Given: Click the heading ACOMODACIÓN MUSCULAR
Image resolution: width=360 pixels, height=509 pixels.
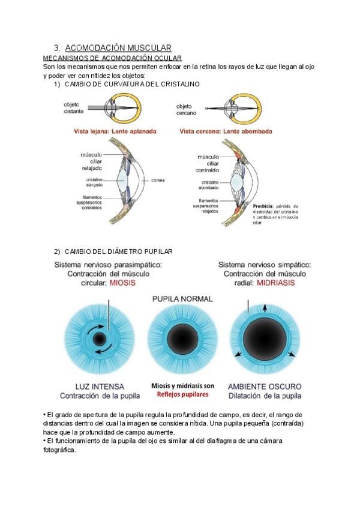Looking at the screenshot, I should (x=118, y=47).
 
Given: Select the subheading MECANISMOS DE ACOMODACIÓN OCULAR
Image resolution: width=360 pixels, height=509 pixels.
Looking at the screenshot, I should (x=112, y=58).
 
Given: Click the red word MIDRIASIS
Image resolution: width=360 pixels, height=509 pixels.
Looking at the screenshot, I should (x=275, y=283).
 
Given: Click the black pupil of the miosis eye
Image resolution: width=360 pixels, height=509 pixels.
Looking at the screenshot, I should (x=99, y=341).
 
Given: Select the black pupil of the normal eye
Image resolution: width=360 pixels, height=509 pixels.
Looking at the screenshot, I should (x=179, y=341).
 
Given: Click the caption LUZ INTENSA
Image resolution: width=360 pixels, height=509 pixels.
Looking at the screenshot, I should (x=100, y=386).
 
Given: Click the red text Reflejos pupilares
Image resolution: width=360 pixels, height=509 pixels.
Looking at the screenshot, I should (x=179, y=394).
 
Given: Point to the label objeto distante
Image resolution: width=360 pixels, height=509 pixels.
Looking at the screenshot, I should (x=74, y=108).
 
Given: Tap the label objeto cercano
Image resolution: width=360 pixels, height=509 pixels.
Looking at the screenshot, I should (x=188, y=109).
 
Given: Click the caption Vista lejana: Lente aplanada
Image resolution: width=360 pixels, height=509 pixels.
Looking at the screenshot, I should (x=106, y=130).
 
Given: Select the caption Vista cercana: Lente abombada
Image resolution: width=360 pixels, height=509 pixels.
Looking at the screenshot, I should (x=225, y=130).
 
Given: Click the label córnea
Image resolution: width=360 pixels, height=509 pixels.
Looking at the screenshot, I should (x=158, y=179).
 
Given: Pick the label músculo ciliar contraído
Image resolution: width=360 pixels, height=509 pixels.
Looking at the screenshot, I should (x=208, y=164).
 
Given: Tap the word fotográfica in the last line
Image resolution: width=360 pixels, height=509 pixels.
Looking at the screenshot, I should (x=60, y=451).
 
